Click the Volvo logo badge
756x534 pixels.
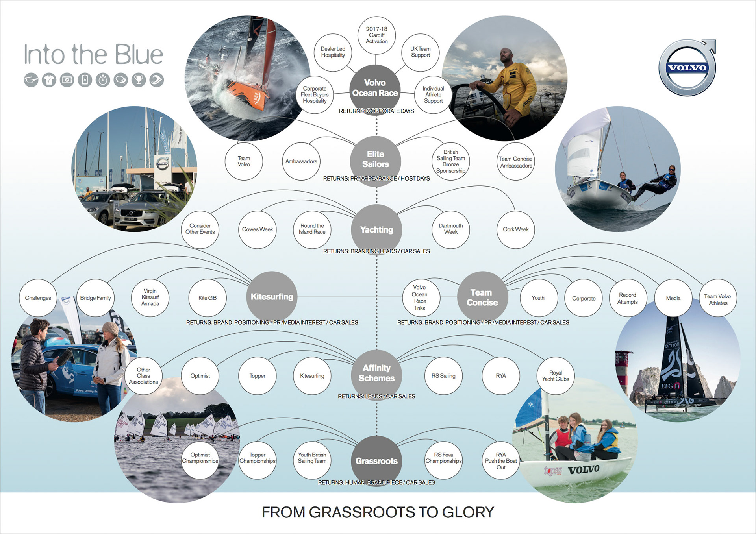click(x=687, y=68)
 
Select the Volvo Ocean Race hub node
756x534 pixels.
click(x=375, y=88)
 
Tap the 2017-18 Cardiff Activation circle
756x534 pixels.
click(x=376, y=35)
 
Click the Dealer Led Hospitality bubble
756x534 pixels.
click(x=333, y=52)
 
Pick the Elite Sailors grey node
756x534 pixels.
click(x=375, y=159)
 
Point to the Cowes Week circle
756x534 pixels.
click(x=257, y=229)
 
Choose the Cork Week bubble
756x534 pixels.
click(x=515, y=229)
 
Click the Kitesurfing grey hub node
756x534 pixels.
click(x=272, y=297)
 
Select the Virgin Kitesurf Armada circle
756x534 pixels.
click(x=150, y=297)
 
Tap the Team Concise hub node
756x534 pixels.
click(x=482, y=297)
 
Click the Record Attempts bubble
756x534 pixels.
click(x=627, y=298)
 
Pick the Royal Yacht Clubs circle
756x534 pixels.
click(x=555, y=376)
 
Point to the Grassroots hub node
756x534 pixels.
click(x=376, y=461)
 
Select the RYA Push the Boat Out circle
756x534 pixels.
click(x=500, y=461)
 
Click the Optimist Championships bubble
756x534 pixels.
click(x=200, y=458)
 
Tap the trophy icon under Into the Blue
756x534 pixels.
click(x=138, y=80)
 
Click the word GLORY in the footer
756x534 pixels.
click(x=468, y=512)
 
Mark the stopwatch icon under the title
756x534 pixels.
click(x=103, y=80)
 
